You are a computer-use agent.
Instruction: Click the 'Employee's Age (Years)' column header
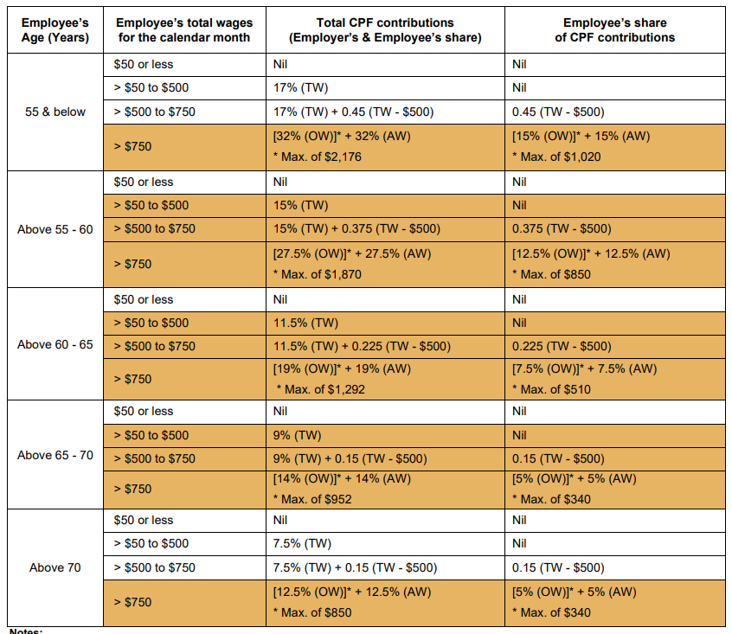(55, 29)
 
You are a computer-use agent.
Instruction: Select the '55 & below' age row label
(55, 112)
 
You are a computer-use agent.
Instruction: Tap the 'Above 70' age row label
(55, 567)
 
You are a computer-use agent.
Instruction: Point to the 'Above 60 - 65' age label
(55, 345)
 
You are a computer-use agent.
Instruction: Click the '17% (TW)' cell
(300, 87)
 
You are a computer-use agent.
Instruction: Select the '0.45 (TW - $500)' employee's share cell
(558, 112)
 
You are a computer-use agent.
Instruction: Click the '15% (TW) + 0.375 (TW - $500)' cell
(356, 228)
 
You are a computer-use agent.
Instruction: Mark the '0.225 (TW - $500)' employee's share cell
(561, 346)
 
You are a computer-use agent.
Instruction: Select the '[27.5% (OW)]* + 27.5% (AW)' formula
(351, 253)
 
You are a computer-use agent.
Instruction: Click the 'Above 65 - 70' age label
(55, 455)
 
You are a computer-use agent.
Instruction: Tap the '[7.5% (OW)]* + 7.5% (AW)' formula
(585, 368)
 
